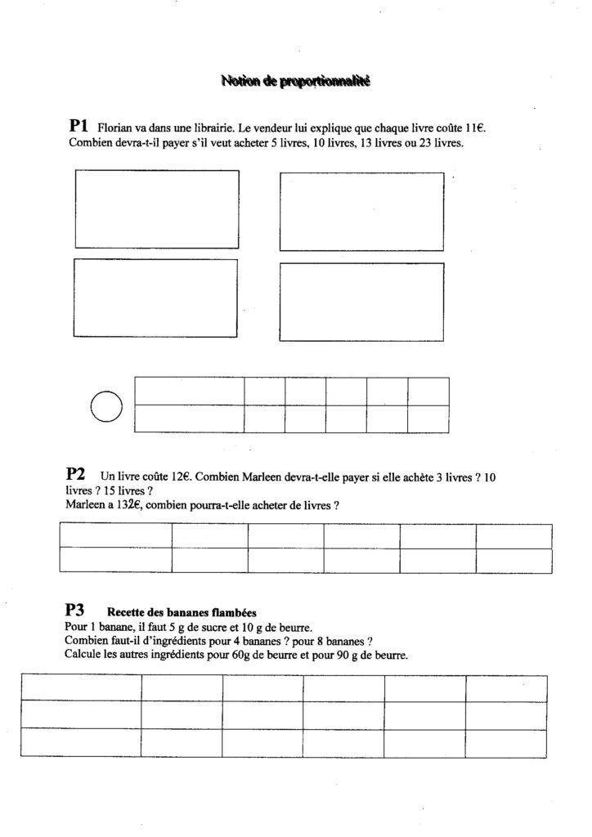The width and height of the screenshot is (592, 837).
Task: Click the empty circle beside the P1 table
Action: tap(105, 405)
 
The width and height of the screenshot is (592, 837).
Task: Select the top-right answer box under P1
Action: tap(361, 211)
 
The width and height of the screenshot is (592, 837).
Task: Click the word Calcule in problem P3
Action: tap(83, 656)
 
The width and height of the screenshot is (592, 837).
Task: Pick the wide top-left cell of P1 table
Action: tap(190, 391)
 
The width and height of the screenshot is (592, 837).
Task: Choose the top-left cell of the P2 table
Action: tap(115, 535)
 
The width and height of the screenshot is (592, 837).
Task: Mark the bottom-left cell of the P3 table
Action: tap(80, 741)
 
